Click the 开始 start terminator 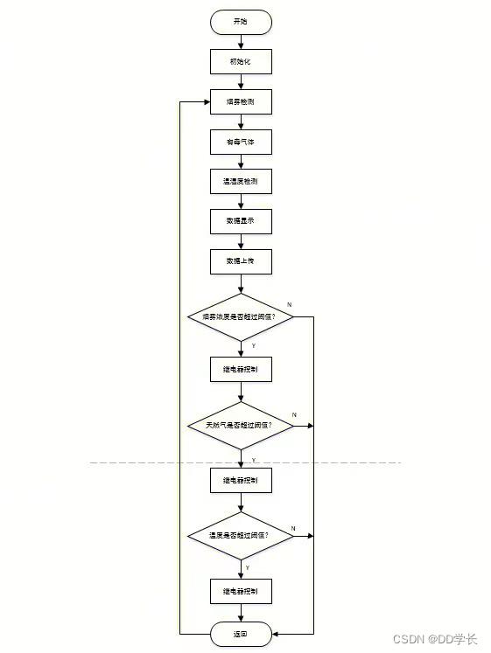tap(241, 22)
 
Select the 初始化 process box tap(241, 61)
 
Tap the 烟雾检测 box tap(241, 101)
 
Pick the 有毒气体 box tap(241, 142)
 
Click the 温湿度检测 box tap(241, 182)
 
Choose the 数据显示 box tap(241, 221)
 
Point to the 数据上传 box tap(241, 261)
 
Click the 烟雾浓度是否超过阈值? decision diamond tap(241, 316)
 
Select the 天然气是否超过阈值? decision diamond tap(241, 425)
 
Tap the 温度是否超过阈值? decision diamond tap(241, 534)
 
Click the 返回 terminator tap(241, 634)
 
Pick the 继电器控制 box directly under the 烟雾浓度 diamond tap(241, 370)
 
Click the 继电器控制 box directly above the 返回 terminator tap(241, 592)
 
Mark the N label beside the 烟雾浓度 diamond tap(289, 302)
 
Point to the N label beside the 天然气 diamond tap(294, 413)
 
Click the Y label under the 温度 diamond tap(248, 567)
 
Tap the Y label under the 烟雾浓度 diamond tap(254, 346)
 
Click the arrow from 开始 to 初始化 tap(241, 41)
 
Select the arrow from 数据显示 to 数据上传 tap(241, 241)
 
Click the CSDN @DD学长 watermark tap(435, 639)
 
